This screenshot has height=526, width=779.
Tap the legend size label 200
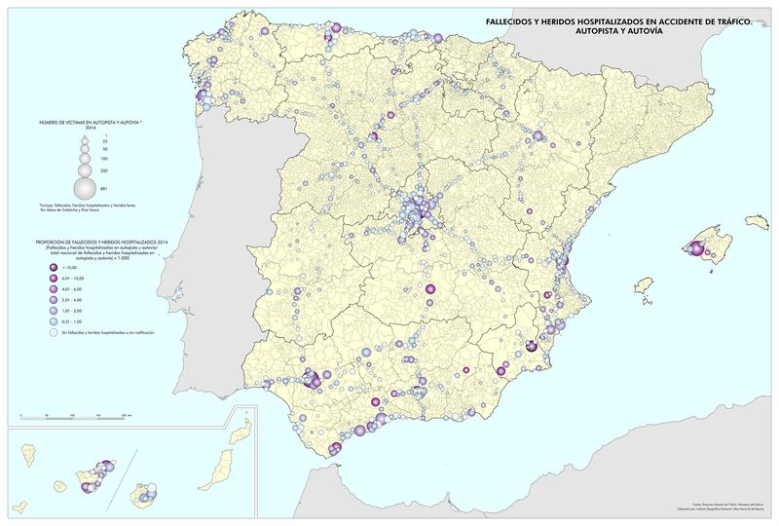coord(103,170)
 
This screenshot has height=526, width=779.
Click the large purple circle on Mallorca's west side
coord(695,247)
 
